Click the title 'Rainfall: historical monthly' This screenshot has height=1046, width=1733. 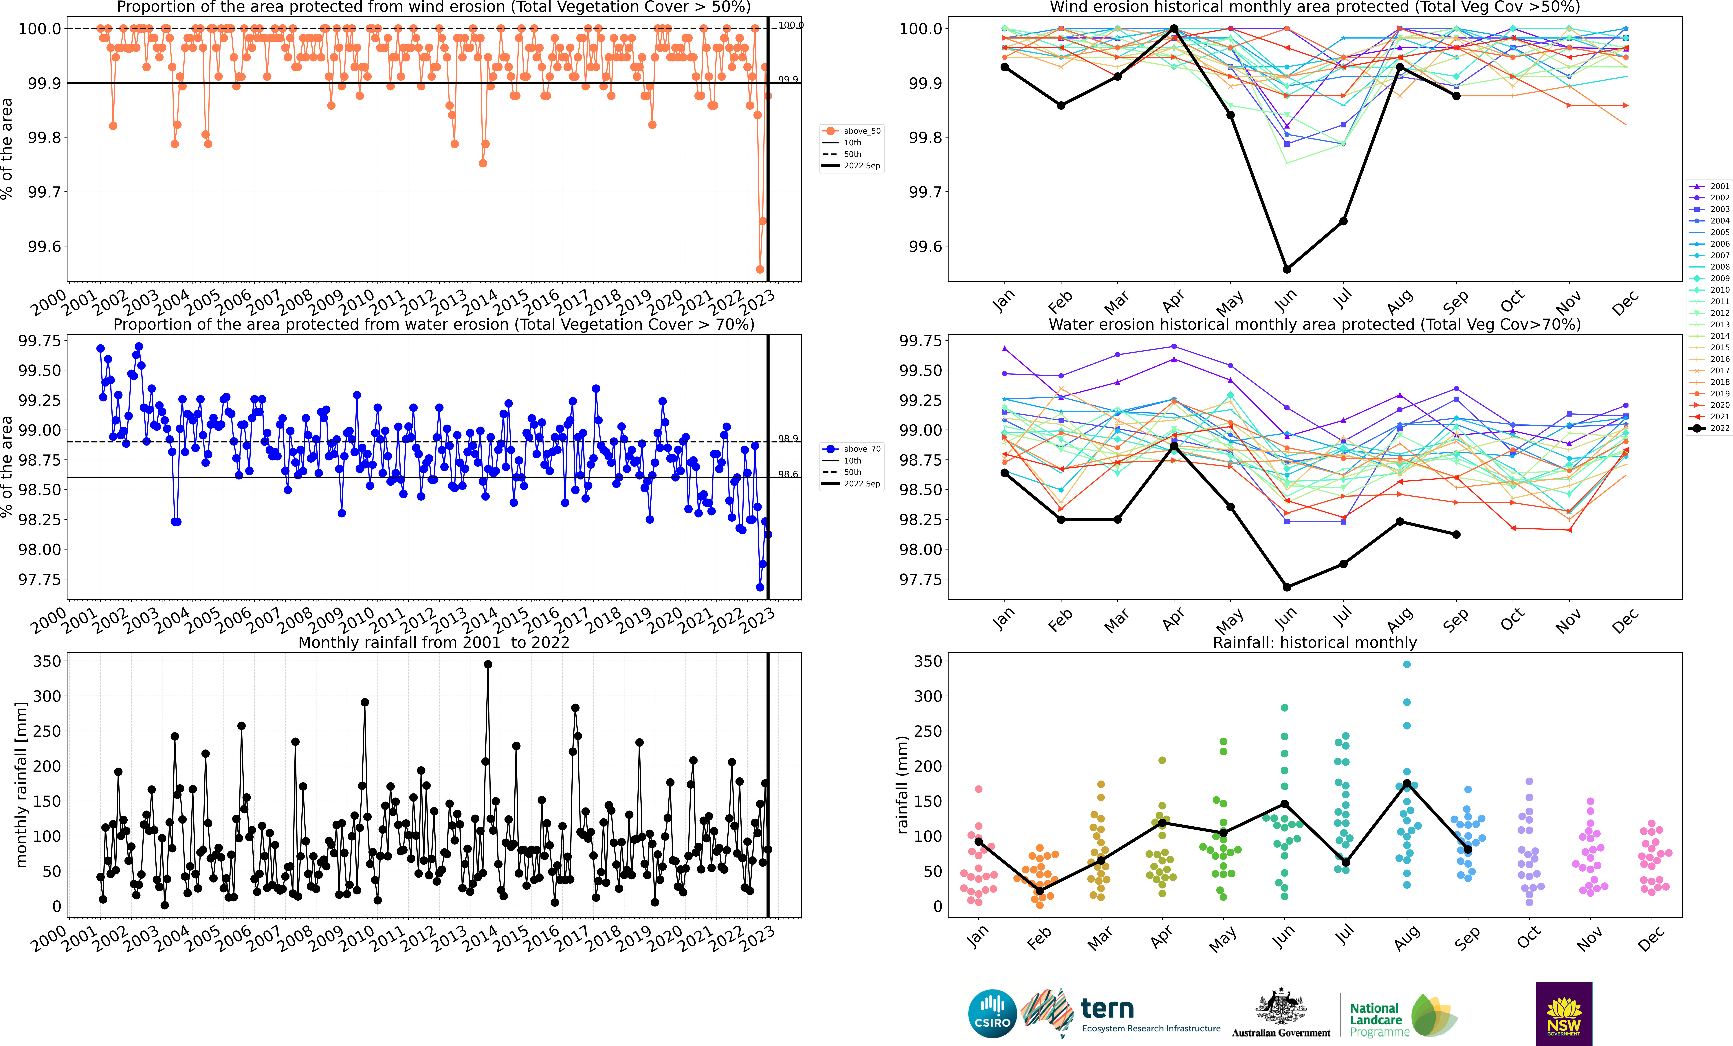1314,642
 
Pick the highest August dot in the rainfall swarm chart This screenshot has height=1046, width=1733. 1407,664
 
